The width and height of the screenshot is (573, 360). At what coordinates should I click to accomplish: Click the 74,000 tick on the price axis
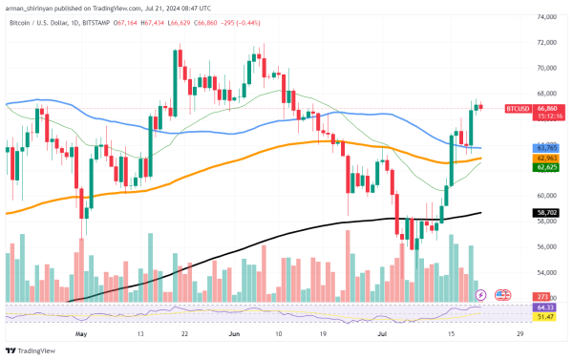click(546, 17)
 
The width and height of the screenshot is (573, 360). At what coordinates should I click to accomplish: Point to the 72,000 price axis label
click(546, 43)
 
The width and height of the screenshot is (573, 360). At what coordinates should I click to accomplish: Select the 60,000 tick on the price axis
click(546, 196)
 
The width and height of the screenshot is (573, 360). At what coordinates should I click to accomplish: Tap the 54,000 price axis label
click(546, 272)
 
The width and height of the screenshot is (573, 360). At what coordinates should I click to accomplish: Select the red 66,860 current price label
click(547, 109)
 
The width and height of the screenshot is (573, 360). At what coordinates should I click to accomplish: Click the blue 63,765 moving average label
click(546, 148)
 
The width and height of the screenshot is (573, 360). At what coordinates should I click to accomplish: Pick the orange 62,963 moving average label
click(546, 158)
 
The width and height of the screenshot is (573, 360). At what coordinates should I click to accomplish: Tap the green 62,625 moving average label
click(546, 167)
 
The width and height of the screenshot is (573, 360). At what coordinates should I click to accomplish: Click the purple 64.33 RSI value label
click(546, 307)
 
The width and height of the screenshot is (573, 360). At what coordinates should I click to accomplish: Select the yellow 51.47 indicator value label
click(546, 316)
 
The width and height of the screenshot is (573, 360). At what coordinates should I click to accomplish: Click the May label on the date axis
click(80, 335)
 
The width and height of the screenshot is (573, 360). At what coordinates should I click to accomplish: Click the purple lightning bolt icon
click(480, 295)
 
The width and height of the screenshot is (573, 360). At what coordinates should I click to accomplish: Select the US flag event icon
click(502, 295)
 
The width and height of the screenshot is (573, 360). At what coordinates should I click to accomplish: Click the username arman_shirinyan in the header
click(35, 6)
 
